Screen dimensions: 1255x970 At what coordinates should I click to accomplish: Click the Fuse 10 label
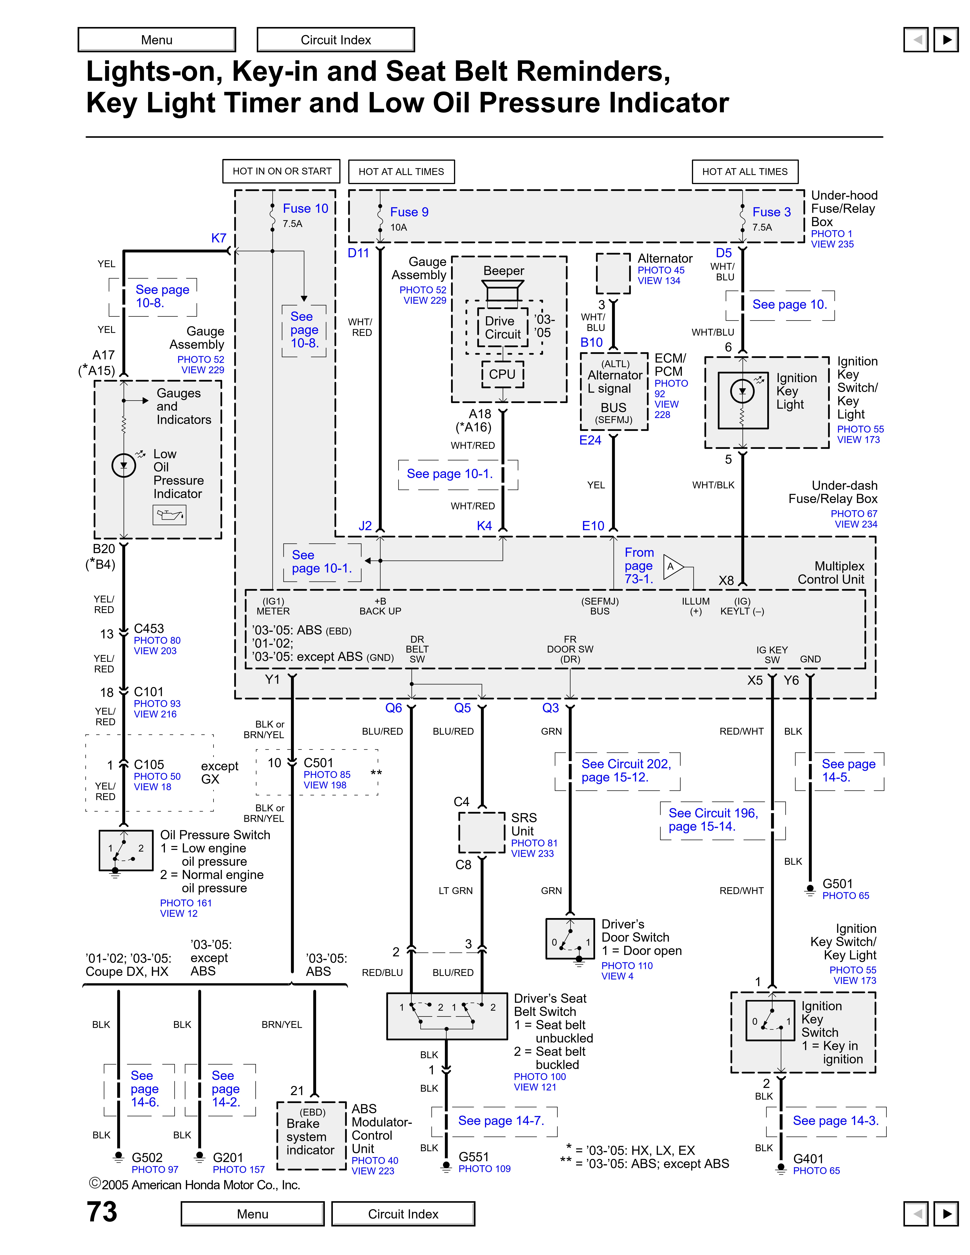(x=305, y=209)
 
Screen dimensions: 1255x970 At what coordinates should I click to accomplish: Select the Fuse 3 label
(x=771, y=212)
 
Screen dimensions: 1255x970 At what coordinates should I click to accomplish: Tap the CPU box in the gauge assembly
(x=502, y=374)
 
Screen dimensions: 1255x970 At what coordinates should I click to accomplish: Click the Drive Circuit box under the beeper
(x=503, y=328)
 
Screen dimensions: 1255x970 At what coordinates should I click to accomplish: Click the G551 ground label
(x=474, y=1157)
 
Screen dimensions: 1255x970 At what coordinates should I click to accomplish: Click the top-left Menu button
(x=157, y=40)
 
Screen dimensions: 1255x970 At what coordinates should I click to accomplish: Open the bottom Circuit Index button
(x=403, y=1214)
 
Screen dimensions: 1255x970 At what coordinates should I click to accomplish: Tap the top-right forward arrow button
(x=946, y=40)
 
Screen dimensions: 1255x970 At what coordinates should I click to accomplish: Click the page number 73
(x=102, y=1212)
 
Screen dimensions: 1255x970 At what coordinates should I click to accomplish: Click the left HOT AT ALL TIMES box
(x=401, y=171)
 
